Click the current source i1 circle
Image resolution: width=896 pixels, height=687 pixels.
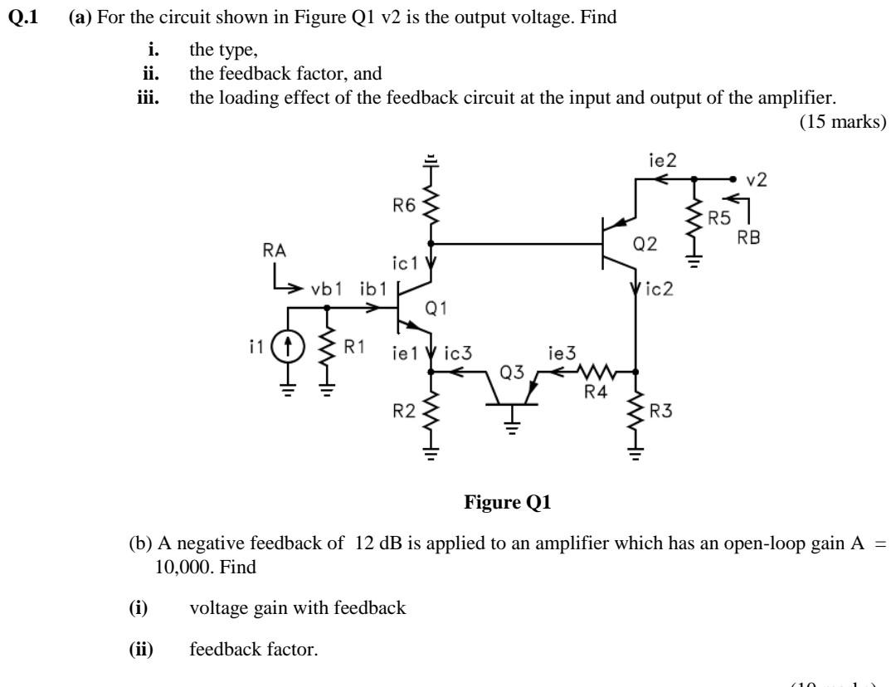point(288,345)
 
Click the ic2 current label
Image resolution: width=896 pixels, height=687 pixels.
point(659,291)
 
